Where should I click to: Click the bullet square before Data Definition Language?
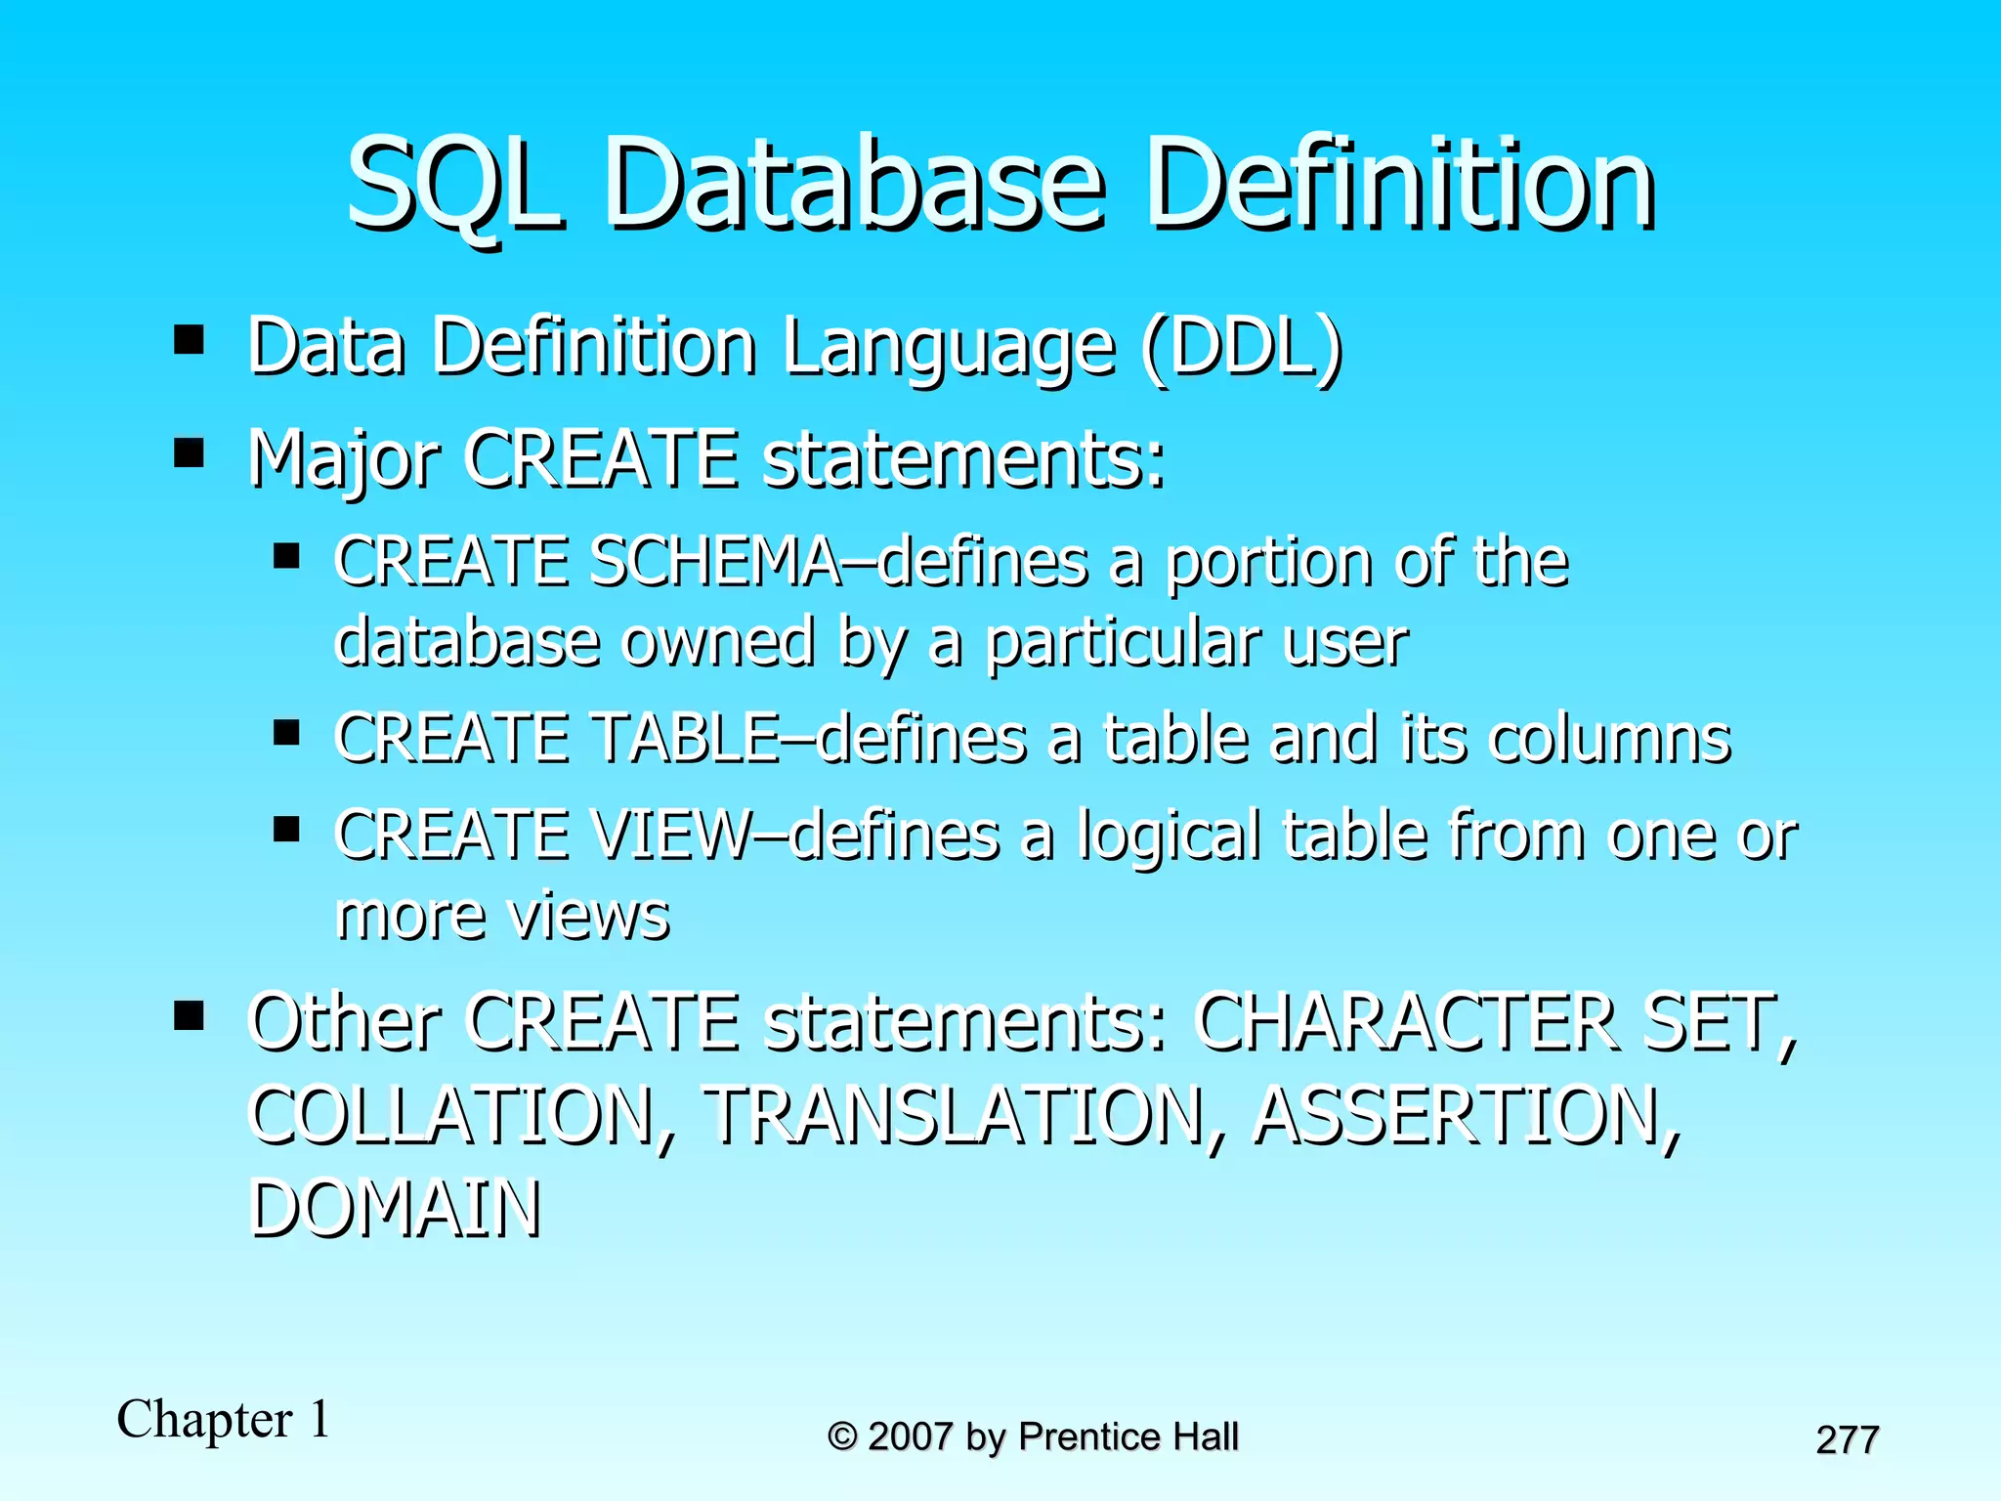189,340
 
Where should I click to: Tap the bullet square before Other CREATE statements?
189,1015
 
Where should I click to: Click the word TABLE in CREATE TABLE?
688,739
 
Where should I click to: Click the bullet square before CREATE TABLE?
286,732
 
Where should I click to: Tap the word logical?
1169,838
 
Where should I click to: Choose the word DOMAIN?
396,1210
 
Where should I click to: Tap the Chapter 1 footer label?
224,1420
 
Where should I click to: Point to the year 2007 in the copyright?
910,1437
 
